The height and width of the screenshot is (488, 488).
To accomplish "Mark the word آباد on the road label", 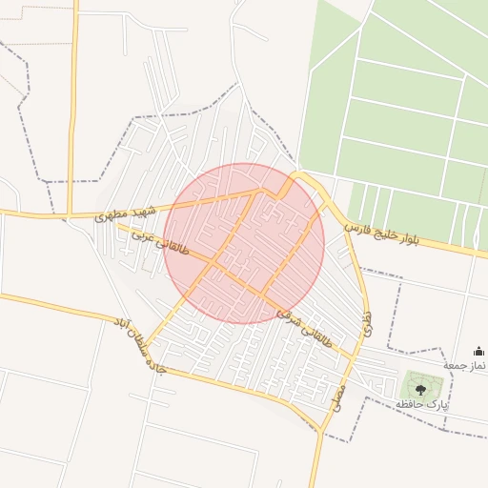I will click(121, 326).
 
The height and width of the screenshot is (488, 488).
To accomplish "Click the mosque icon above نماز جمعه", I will click(478, 352).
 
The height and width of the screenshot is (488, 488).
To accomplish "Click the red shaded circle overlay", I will click(244, 243).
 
